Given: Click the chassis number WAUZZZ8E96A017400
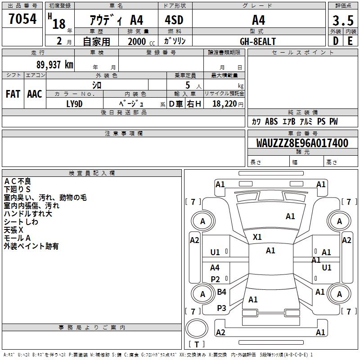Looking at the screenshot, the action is pos(302,143).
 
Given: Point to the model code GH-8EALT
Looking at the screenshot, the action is pos(258,41).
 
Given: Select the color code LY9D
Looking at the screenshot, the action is pos(74,103).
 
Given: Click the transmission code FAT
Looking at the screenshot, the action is pos(13,94).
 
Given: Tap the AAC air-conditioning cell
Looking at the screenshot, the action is pos(35,94).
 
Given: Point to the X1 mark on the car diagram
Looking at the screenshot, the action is pos(257,237).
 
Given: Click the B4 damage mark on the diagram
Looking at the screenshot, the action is pos(221,292).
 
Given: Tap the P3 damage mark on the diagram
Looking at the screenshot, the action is pos(221,308).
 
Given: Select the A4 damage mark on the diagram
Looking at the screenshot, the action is pos(215,268).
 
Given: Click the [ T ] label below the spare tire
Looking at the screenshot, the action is pos(197,344).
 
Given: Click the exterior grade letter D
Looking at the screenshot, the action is pos(335,41).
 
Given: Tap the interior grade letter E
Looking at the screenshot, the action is pos(350,41).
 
